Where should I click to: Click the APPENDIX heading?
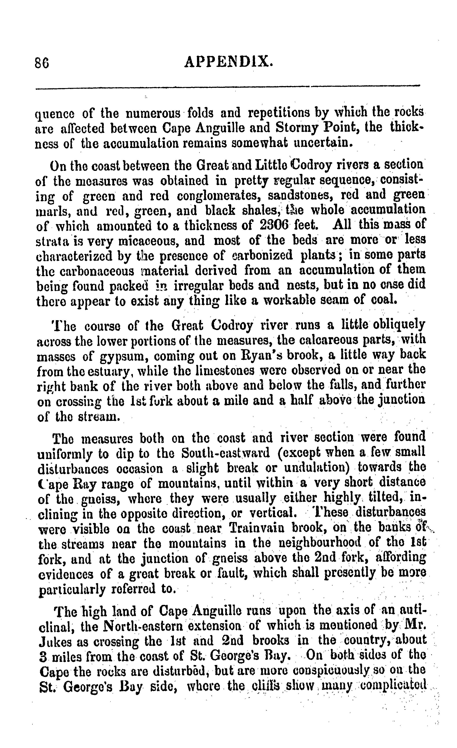pos(229,62)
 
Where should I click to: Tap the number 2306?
pos(277,225)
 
